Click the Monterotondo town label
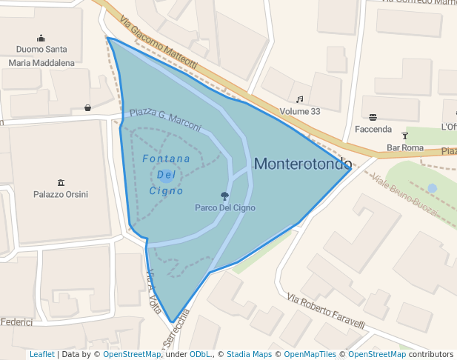302,164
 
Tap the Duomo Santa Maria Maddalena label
41,56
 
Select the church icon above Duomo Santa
41,39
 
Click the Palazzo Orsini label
61,195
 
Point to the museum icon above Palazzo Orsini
61,182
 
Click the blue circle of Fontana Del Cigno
166,176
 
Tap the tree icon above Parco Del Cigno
224,196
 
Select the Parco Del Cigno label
224,208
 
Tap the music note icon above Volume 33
300,99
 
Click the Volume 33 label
300,112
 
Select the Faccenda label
373,130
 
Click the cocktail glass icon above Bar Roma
404,136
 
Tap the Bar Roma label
405,148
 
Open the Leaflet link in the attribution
41,355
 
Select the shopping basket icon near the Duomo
88,107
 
